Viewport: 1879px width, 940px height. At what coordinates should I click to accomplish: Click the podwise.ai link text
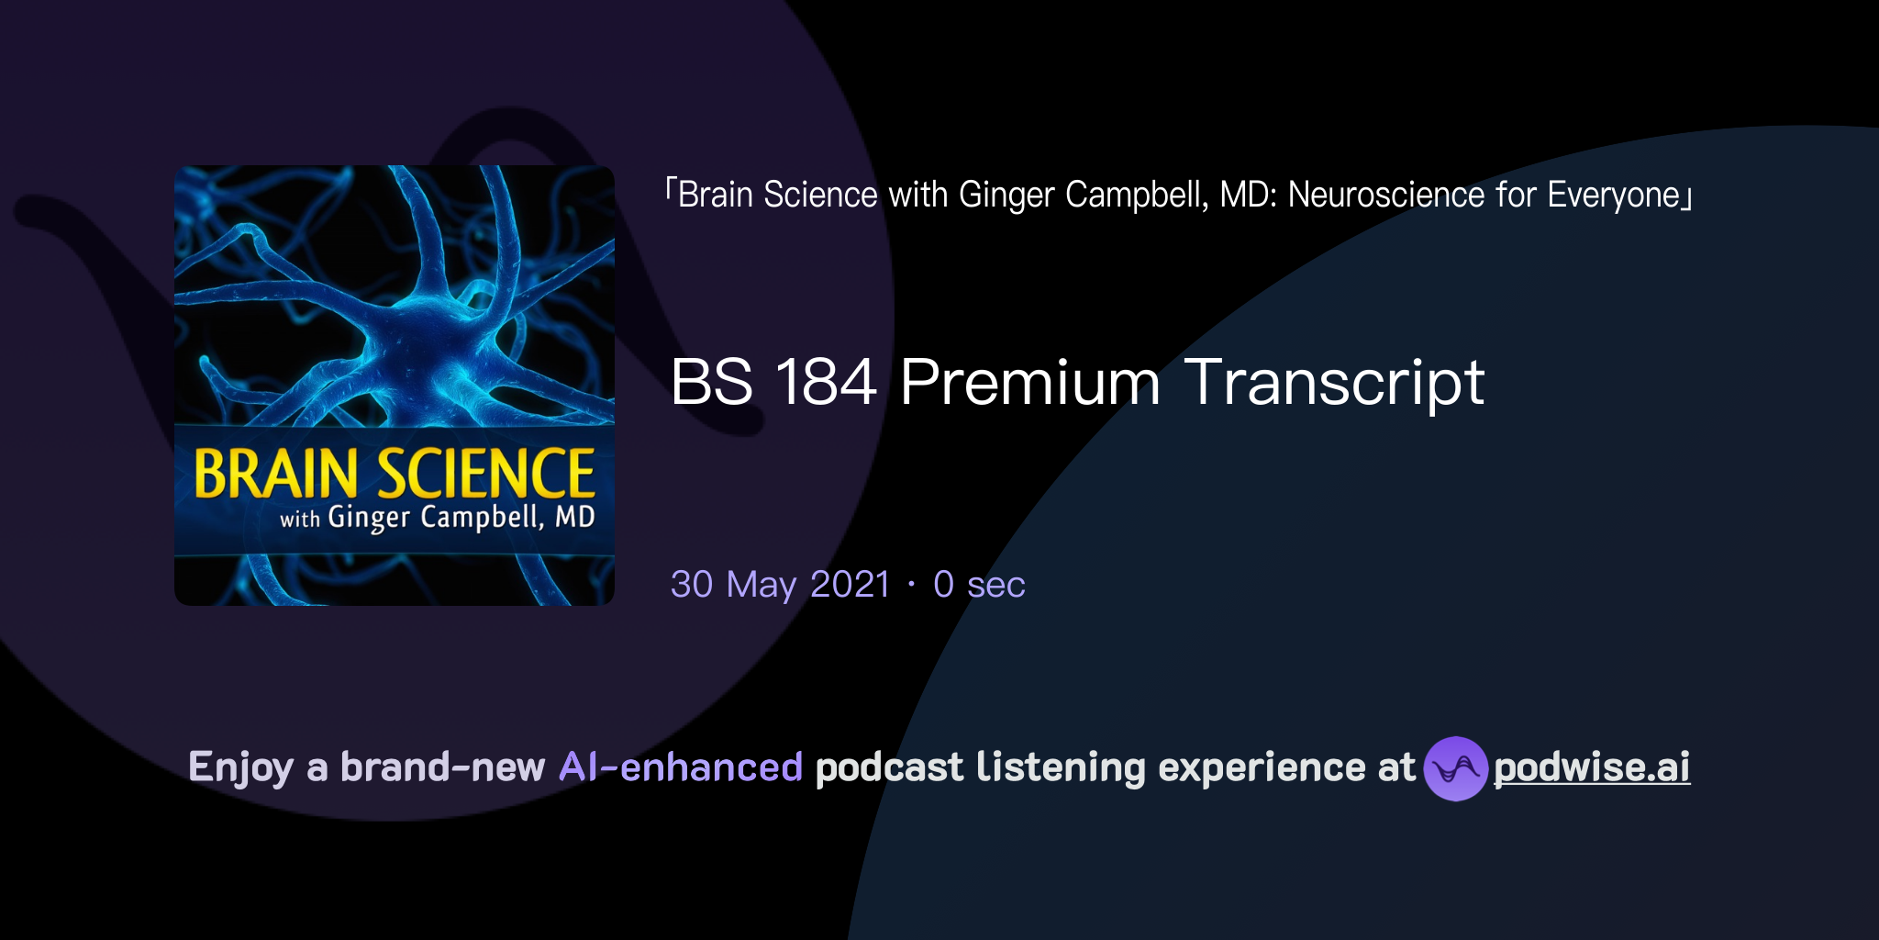click(x=1591, y=767)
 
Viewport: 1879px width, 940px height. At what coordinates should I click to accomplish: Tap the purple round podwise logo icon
click(x=1455, y=768)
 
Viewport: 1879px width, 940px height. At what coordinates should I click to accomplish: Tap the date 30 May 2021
click(x=780, y=585)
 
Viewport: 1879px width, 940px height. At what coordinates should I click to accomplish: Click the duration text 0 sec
click(x=979, y=585)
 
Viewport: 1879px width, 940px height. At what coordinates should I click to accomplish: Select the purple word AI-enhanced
click(x=681, y=767)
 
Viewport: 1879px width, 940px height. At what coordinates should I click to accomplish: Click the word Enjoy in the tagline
click(x=240, y=767)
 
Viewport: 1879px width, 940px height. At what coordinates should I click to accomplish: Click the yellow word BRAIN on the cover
click(x=275, y=474)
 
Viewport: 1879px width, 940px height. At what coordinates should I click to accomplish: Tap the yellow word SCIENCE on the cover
click(x=486, y=474)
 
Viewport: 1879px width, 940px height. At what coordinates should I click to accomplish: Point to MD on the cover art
click(x=575, y=518)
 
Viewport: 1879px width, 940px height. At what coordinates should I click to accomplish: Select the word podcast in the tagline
click(x=889, y=767)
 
